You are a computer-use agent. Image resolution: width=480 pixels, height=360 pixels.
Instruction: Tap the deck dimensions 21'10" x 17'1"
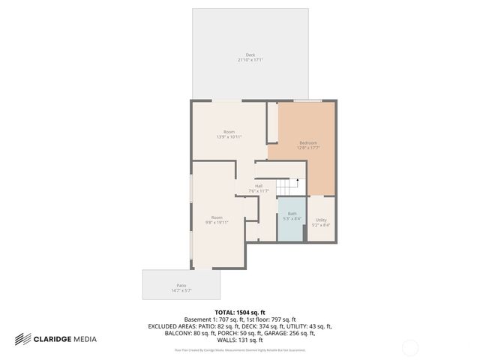pyautogui.click(x=250, y=60)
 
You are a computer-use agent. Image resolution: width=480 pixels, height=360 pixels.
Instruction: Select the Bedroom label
pyautogui.click(x=308, y=142)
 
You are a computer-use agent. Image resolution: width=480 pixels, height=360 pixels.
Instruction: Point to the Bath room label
pyautogui.click(x=292, y=214)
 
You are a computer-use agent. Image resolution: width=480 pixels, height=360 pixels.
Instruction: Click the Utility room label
pyautogui.click(x=321, y=220)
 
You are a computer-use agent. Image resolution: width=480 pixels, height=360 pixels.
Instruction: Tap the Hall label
pyautogui.click(x=259, y=186)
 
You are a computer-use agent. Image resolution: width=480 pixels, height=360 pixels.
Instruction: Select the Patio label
pyautogui.click(x=181, y=285)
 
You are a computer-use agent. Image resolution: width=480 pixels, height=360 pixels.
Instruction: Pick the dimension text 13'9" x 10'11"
pyautogui.click(x=229, y=137)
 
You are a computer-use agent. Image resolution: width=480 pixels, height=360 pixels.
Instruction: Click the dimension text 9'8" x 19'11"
pyautogui.click(x=217, y=223)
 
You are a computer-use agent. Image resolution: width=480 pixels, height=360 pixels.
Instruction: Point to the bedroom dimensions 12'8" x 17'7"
pyautogui.click(x=308, y=148)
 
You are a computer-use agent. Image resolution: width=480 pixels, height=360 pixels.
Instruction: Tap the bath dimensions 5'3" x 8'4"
pyautogui.click(x=292, y=219)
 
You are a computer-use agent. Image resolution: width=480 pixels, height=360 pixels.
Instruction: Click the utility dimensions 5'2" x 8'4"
pyautogui.click(x=321, y=225)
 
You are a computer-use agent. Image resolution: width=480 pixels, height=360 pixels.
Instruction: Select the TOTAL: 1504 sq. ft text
pyautogui.click(x=240, y=312)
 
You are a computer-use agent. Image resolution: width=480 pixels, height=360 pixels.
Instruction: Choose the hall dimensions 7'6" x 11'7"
pyautogui.click(x=259, y=191)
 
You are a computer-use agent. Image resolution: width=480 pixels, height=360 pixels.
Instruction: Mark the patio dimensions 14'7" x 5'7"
pyautogui.click(x=181, y=290)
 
